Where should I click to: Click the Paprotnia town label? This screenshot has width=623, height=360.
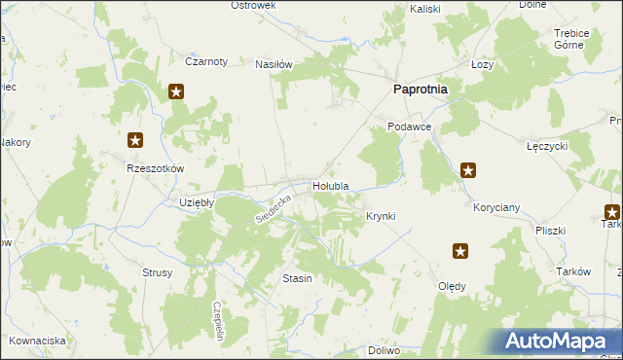click(420, 89)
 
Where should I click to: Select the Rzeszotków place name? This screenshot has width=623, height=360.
click(156, 167)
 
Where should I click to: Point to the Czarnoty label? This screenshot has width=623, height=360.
click(206, 61)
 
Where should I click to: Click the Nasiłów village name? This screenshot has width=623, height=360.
click(274, 64)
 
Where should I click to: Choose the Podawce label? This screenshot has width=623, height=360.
click(409, 126)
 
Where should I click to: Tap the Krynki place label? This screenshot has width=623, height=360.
click(380, 215)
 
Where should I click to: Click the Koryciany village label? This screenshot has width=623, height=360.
click(496, 207)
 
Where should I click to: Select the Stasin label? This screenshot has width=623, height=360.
click(297, 278)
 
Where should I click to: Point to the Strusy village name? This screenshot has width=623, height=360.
click(157, 272)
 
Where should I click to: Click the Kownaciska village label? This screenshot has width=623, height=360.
click(38, 341)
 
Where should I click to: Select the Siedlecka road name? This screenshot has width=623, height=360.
click(274, 205)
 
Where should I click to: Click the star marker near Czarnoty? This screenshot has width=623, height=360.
click(176, 92)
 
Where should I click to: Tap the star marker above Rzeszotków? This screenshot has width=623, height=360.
click(135, 141)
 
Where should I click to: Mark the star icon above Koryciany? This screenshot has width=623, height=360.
click(468, 171)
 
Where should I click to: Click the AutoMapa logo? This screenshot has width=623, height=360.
click(559, 342)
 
